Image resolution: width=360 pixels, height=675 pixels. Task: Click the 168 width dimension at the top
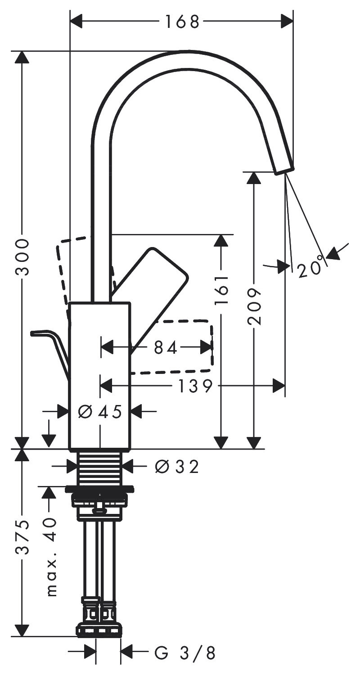point(182,21)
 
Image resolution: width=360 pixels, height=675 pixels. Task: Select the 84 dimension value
point(166,347)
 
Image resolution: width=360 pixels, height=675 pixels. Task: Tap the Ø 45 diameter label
point(100,411)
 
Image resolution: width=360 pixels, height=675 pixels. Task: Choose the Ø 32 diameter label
point(176,467)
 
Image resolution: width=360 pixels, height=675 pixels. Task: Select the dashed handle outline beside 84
point(189,346)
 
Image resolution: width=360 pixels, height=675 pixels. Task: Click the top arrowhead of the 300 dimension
point(22,58)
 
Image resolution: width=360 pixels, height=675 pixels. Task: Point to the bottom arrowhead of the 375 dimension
point(22,630)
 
